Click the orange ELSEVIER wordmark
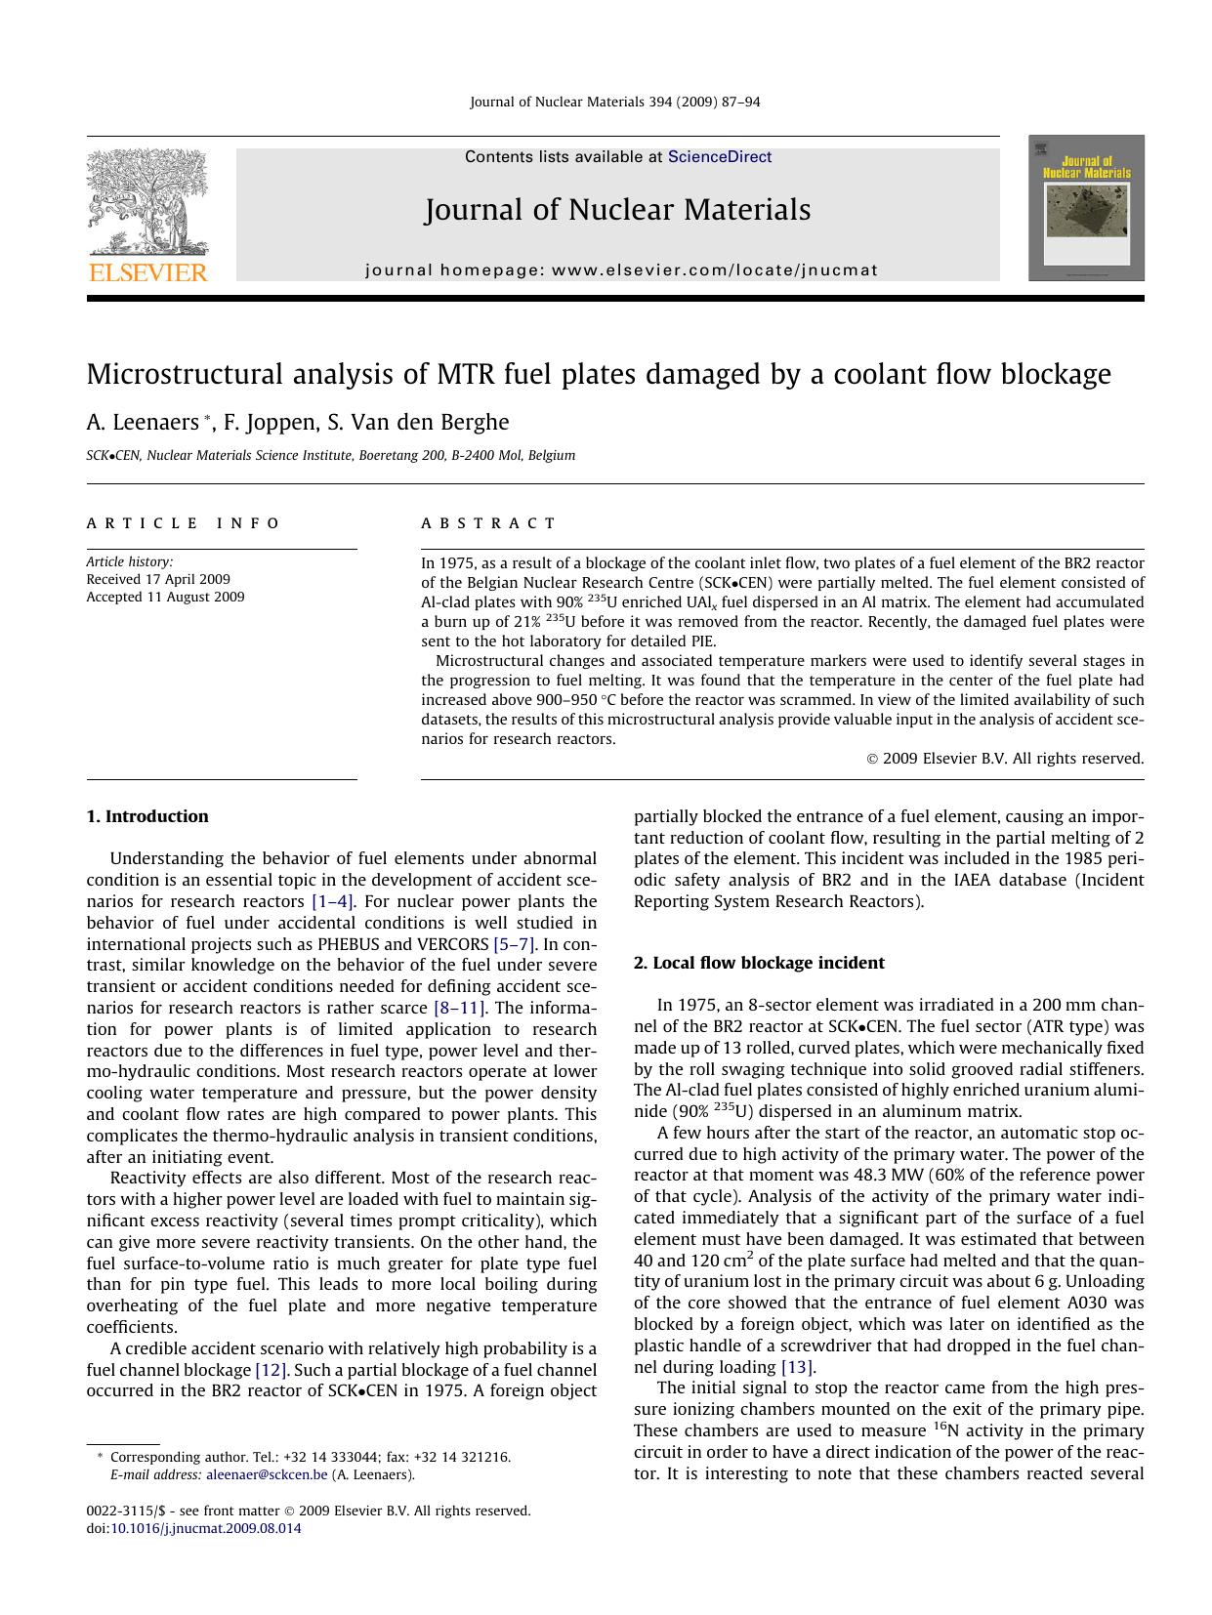(147, 272)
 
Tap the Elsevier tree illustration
(146, 200)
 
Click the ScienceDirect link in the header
(719, 157)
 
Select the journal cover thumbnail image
(1085, 208)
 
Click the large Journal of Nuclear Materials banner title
(617, 210)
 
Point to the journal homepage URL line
(621, 270)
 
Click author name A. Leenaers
(142, 422)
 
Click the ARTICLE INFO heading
(183, 523)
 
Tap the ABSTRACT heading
(488, 523)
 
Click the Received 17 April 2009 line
(158, 579)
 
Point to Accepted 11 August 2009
(165, 597)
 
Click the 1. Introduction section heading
(147, 816)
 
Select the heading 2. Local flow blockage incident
(759, 963)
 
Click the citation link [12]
(271, 1370)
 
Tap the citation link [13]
(798, 1367)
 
